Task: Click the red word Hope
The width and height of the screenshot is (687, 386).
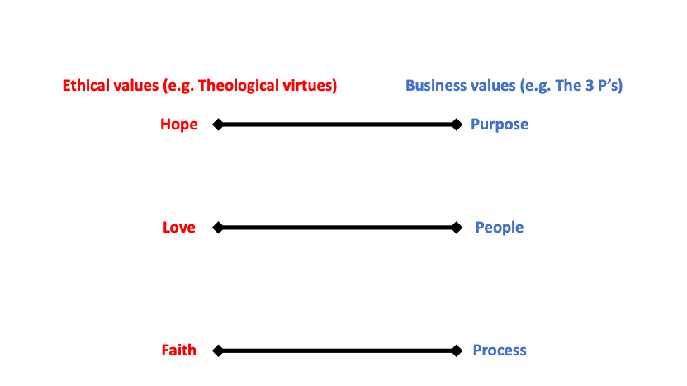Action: point(179,125)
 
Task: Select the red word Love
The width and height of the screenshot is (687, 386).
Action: point(179,227)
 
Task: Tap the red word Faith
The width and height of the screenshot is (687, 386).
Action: point(179,351)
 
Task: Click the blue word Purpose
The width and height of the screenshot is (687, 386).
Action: point(500,125)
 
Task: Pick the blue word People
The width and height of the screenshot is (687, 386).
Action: point(500,227)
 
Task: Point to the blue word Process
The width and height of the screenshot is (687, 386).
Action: point(500,351)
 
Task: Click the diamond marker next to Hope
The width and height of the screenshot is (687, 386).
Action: point(218,125)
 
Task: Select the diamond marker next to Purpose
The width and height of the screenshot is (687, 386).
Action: point(457,125)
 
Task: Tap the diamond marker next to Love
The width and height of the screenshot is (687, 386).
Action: point(218,227)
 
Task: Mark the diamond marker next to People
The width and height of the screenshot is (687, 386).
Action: point(457,227)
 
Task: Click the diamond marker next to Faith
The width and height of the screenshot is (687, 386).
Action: point(218,351)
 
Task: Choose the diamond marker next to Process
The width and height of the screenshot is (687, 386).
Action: point(457,351)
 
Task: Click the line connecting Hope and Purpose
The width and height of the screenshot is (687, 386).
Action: point(337,125)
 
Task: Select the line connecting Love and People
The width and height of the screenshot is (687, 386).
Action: point(337,227)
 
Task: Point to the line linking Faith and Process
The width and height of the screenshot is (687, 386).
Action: point(337,351)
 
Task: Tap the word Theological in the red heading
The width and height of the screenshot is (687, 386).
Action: point(243,86)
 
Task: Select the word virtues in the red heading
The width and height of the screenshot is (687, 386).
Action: point(310,86)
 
